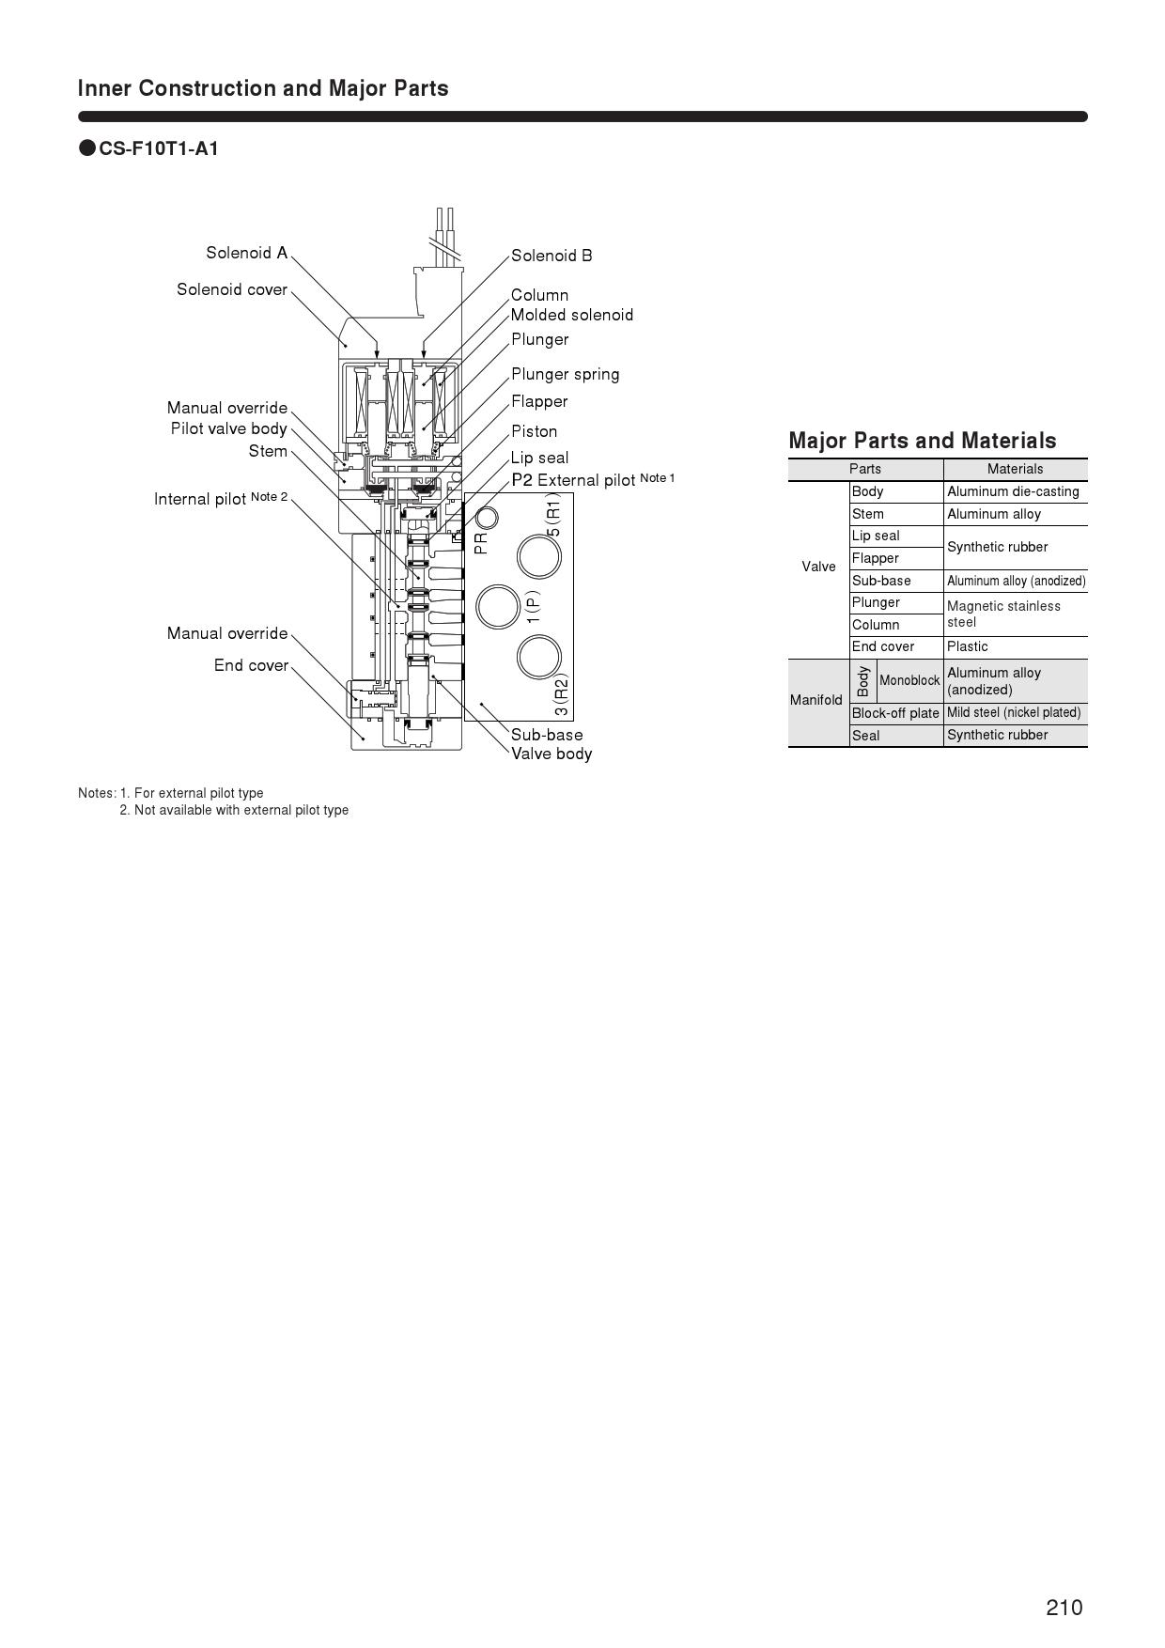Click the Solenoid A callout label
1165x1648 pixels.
246,253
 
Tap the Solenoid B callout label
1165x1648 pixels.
551,256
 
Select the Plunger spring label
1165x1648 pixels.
565,374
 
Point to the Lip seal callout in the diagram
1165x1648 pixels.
539,458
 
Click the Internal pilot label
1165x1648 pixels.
220,498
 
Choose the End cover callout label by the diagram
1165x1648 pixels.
251,665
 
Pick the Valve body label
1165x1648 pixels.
551,754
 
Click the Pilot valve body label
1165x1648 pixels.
228,428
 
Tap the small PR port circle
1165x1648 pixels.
487,518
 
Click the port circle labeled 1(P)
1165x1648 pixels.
498,606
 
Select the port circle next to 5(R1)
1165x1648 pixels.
539,556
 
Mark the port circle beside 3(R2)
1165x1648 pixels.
539,657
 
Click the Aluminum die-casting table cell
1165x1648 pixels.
1013,491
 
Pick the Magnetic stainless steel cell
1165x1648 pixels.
1003,614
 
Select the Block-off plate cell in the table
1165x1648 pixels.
895,713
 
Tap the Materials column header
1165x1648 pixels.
1015,469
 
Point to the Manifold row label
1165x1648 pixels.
816,700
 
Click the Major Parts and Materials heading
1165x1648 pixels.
923,441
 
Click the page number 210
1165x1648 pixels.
1064,1608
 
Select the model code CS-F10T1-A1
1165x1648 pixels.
159,148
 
